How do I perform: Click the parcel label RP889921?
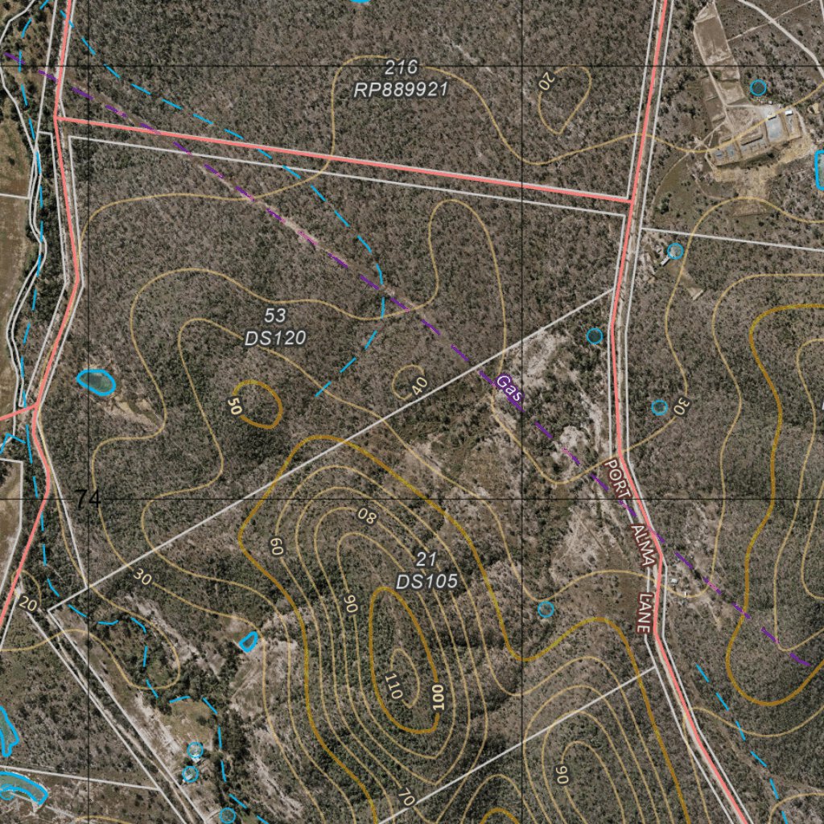(400, 89)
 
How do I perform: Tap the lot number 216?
(401, 68)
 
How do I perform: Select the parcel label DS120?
(275, 338)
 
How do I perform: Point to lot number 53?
(275, 315)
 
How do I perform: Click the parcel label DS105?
(426, 580)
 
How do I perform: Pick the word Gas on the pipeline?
(509, 390)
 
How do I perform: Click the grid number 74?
(89, 500)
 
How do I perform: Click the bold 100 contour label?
(438, 696)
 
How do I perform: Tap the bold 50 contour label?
(234, 406)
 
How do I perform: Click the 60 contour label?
(276, 547)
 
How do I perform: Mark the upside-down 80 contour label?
(367, 515)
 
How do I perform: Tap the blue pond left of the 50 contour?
(96, 381)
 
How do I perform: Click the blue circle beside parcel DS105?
(546, 609)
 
